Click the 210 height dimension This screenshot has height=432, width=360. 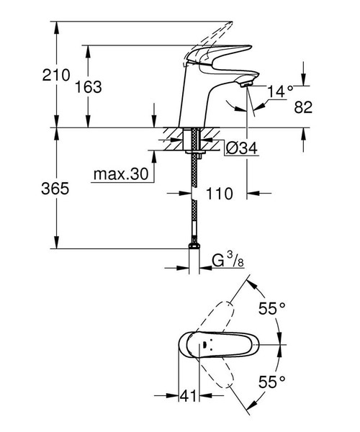[x=35, y=74]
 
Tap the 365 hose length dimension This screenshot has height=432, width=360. [x=35, y=189]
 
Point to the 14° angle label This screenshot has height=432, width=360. [x=281, y=91]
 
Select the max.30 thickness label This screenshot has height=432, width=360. [x=120, y=174]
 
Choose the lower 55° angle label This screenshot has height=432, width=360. [x=273, y=379]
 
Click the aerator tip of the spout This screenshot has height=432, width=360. [x=247, y=84]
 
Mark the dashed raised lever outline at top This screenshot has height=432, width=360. [x=212, y=32]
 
